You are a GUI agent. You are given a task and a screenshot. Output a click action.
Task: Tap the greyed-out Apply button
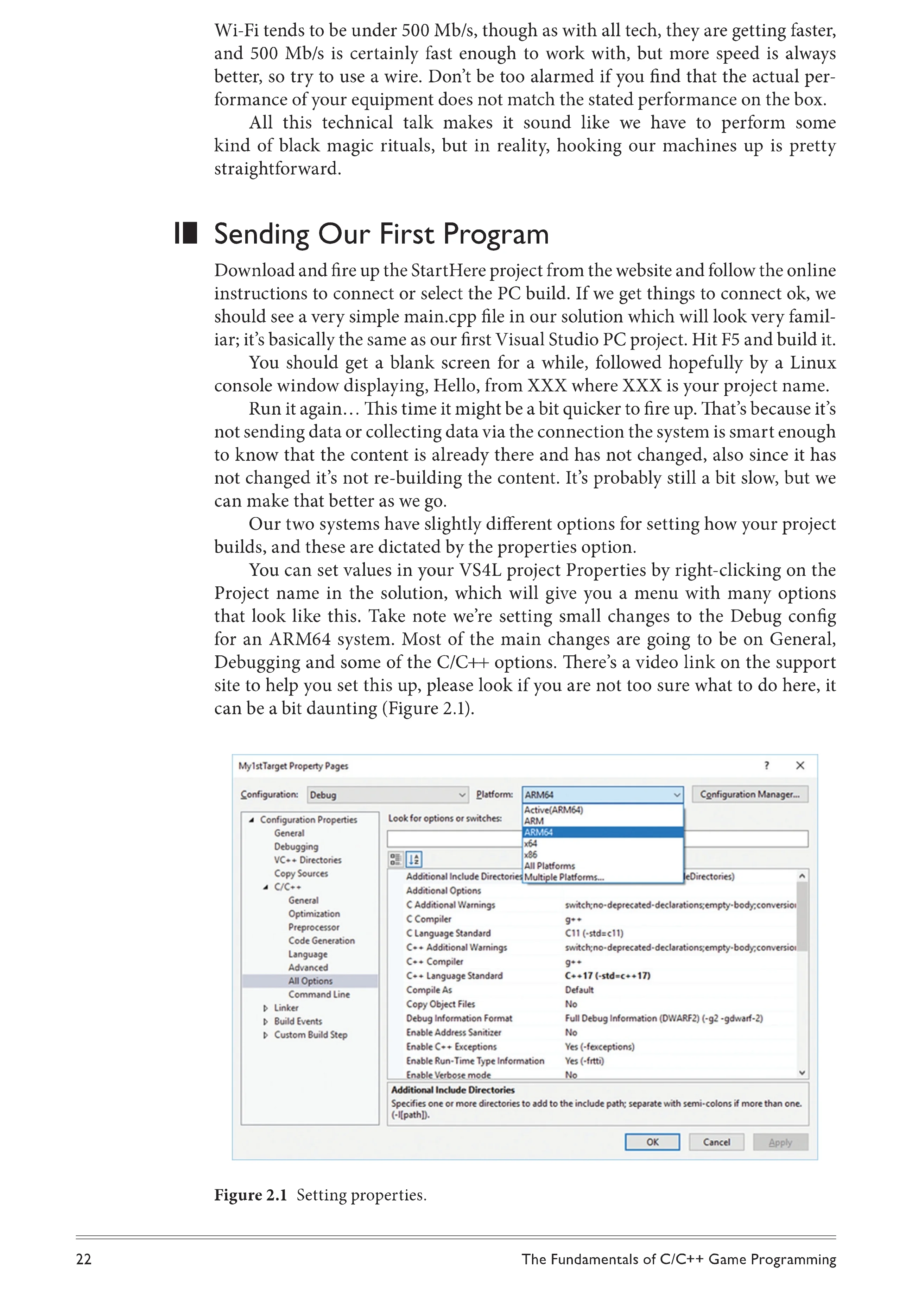click(x=780, y=1142)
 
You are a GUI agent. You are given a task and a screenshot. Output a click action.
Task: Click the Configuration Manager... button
click(x=750, y=794)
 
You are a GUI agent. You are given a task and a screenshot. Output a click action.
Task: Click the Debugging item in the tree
click(x=296, y=846)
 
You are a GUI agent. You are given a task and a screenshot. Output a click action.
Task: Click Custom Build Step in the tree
click(x=311, y=1034)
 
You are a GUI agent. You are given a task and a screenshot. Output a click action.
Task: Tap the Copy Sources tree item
click(x=301, y=873)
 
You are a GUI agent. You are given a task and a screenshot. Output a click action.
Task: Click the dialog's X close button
click(x=800, y=765)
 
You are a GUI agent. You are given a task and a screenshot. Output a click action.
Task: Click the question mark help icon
click(x=767, y=765)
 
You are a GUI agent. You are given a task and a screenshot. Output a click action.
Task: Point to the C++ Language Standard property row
click(x=454, y=975)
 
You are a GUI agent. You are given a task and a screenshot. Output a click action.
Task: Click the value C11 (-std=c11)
click(x=594, y=933)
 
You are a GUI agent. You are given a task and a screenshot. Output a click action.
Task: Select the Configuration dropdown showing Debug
click(x=387, y=794)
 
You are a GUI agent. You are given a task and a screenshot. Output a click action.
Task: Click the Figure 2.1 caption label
click(x=251, y=1195)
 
